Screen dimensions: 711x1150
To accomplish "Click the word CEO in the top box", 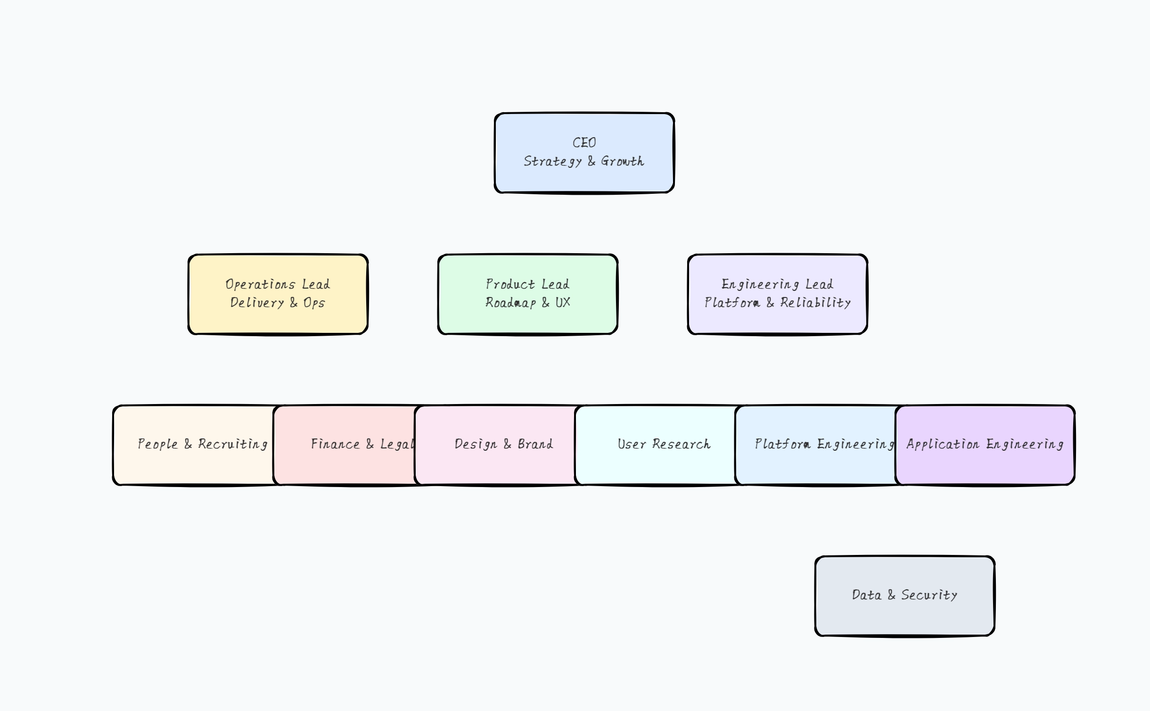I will click(x=584, y=142).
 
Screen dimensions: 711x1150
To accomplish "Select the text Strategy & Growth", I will click(x=584, y=161).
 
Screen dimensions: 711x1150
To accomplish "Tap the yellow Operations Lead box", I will click(x=278, y=321).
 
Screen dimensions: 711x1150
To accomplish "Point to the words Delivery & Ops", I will click(x=278, y=303).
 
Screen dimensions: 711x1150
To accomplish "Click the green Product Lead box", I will click(x=527, y=321).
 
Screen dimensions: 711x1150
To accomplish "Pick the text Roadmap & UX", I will click(x=528, y=303).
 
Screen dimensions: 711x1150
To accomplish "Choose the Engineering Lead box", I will click(x=777, y=321).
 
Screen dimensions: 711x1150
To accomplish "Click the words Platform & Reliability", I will click(x=778, y=303).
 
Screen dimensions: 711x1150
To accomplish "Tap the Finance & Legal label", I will click(x=362, y=444).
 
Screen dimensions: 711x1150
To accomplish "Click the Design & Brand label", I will click(x=503, y=444).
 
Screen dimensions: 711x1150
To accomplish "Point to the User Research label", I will click(x=664, y=444).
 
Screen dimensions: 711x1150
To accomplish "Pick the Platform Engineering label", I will click(x=824, y=444).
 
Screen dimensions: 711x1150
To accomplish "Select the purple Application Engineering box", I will click(x=985, y=467).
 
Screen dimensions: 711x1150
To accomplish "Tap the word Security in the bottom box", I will click(x=929, y=595).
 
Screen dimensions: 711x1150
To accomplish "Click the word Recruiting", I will click(x=233, y=444).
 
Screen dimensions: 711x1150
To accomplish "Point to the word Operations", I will click(x=260, y=284).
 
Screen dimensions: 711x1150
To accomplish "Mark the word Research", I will click(x=681, y=444).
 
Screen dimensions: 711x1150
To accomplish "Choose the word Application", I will click(x=943, y=444).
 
